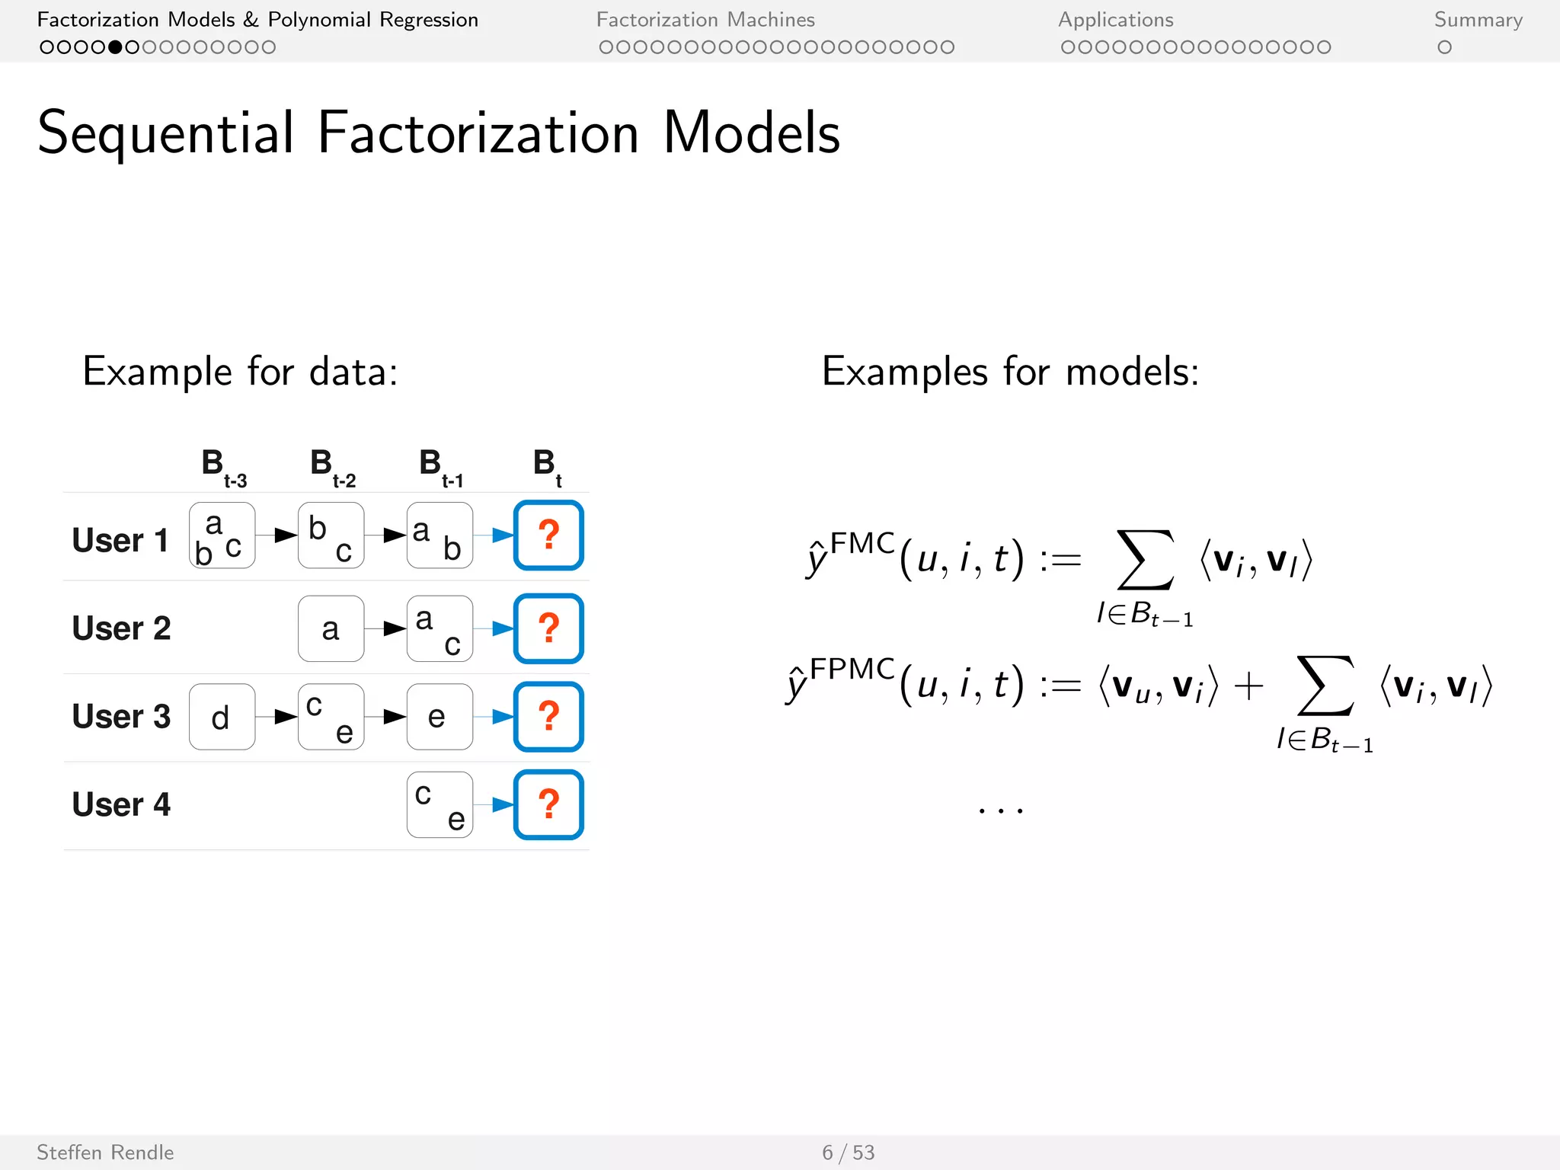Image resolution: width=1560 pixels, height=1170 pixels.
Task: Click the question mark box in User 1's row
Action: click(548, 535)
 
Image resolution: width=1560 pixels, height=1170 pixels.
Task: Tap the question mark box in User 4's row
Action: click(548, 804)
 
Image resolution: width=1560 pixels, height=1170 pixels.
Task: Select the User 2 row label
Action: click(121, 628)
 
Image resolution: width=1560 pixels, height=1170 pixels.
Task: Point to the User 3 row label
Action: click(121, 717)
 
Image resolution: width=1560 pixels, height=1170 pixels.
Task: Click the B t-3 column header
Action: click(222, 467)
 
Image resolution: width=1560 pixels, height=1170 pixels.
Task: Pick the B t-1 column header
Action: click(441, 467)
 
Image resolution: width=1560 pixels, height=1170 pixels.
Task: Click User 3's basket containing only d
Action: click(222, 717)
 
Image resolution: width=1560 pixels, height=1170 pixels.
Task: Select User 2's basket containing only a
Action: click(331, 628)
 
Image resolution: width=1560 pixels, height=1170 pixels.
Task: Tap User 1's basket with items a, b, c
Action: click(222, 535)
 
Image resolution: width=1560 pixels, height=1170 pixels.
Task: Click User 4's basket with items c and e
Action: click(440, 804)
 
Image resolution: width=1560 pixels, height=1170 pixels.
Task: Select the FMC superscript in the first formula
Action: click(862, 544)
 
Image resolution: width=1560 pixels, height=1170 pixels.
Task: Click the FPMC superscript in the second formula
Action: click(852, 669)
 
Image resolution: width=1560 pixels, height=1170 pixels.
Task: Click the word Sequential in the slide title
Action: click(165, 133)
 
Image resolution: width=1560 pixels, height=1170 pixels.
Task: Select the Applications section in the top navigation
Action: click(1115, 20)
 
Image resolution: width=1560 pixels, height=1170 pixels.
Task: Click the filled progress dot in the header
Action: click(115, 47)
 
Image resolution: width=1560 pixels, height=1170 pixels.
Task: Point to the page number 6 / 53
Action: click(848, 1152)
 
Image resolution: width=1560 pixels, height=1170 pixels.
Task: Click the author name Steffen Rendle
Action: click(105, 1152)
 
